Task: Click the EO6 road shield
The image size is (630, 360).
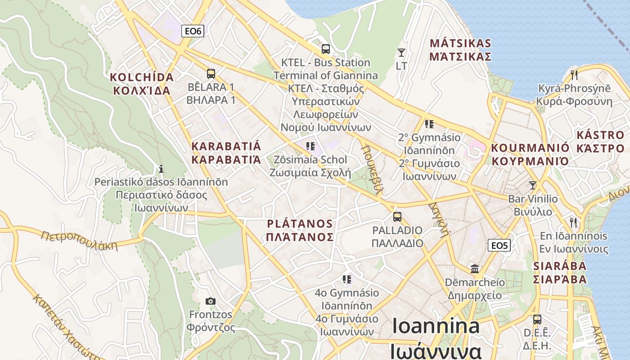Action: pos(193,31)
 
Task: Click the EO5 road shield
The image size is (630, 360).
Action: pos(499,245)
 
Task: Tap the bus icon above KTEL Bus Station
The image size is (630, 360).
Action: pos(325,49)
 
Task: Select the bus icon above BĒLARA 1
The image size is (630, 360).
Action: pos(211,74)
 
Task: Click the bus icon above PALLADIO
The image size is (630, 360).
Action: pos(397,217)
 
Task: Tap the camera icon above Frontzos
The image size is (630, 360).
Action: pos(210,301)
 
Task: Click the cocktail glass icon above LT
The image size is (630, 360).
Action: pos(401,53)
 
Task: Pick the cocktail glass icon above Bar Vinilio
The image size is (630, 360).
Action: pos(533,185)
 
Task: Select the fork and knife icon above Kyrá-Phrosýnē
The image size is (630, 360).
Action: pos(574,75)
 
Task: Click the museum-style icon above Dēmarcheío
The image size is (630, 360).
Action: pos(474,269)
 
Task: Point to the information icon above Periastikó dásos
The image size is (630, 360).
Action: pos(161,169)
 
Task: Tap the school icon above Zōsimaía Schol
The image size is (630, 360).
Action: pos(310,146)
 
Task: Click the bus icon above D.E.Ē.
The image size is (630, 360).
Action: pos(537,319)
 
